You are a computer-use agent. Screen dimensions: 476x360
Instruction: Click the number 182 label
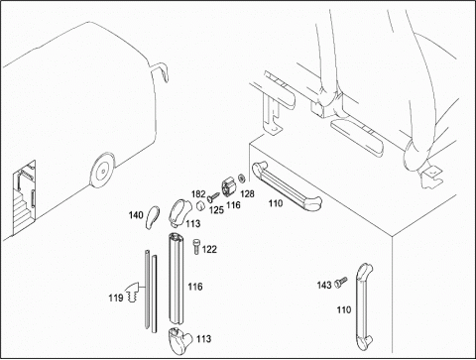point(198,193)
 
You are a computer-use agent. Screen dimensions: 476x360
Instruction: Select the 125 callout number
point(216,210)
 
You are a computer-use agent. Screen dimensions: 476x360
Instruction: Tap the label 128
point(247,194)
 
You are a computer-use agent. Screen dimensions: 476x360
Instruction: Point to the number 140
point(136,215)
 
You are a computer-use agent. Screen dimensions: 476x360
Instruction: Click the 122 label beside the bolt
point(209,249)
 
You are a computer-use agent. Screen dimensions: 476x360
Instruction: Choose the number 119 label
point(116,299)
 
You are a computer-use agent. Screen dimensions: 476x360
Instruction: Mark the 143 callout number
point(324,285)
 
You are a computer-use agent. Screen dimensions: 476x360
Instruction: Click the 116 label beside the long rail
point(195,287)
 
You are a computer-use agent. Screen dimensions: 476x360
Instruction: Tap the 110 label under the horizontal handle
point(276,203)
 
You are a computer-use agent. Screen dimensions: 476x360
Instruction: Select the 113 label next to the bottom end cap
point(203,339)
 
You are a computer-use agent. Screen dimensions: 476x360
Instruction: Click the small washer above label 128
point(241,179)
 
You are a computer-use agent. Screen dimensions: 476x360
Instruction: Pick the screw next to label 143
point(340,282)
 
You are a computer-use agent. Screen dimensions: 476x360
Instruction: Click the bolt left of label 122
point(195,247)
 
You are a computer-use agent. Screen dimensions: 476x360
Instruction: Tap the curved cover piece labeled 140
point(152,217)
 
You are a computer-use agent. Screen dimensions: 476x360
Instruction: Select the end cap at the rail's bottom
point(179,336)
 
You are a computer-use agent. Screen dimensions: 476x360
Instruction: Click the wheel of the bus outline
point(103,171)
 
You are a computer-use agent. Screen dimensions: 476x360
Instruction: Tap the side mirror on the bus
point(161,71)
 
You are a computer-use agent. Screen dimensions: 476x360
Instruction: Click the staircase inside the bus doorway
point(21,210)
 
